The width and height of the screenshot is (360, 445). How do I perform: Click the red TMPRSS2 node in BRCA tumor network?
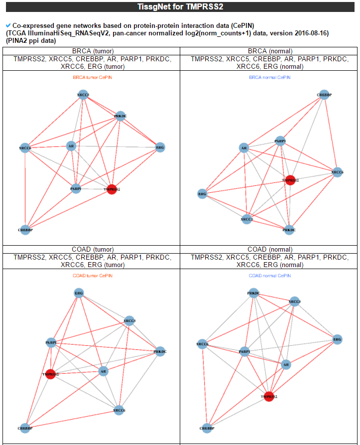tap(112, 189)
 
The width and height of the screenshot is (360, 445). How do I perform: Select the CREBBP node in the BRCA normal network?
tap(324, 95)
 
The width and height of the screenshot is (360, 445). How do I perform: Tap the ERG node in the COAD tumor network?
tap(79, 294)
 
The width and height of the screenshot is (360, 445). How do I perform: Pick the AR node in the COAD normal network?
tap(286, 365)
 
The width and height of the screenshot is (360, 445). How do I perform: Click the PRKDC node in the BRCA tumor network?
tap(120, 116)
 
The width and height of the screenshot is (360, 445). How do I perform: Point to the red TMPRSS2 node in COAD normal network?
tap(269, 397)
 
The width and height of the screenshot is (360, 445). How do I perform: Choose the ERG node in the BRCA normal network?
tap(202, 194)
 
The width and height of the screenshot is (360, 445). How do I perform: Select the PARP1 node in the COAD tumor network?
tap(51, 343)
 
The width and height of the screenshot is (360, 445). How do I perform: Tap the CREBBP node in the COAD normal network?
tap(208, 428)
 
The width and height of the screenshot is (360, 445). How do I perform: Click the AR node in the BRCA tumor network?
tap(71, 146)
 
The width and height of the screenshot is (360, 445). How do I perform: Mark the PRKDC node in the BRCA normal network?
tap(289, 230)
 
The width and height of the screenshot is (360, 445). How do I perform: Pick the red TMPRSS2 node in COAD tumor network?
tap(50, 374)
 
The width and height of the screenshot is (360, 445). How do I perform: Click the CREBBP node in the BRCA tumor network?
tap(25, 229)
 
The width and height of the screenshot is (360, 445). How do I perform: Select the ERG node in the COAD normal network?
tap(337, 339)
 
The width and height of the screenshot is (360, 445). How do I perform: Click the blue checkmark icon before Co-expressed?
tap(8, 25)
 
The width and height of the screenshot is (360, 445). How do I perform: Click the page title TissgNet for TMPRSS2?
tap(180, 7)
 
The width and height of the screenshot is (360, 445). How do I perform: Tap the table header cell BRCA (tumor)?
tap(91, 51)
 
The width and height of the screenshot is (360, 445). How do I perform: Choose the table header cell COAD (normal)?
tap(269, 249)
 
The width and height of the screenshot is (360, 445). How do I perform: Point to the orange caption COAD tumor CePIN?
tap(91, 276)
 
